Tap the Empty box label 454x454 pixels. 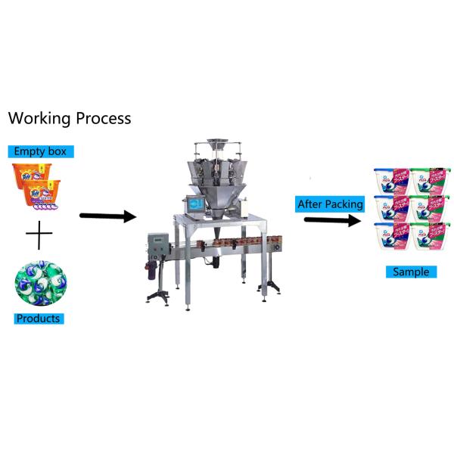coord(40,151)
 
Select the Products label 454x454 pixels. coord(39,319)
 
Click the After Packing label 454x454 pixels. coord(330,204)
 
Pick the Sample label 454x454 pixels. coord(410,272)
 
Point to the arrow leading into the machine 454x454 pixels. coord(107,217)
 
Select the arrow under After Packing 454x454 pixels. coord(332,221)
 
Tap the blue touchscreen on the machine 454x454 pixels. coord(195,204)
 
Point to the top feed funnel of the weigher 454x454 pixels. coord(215,144)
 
